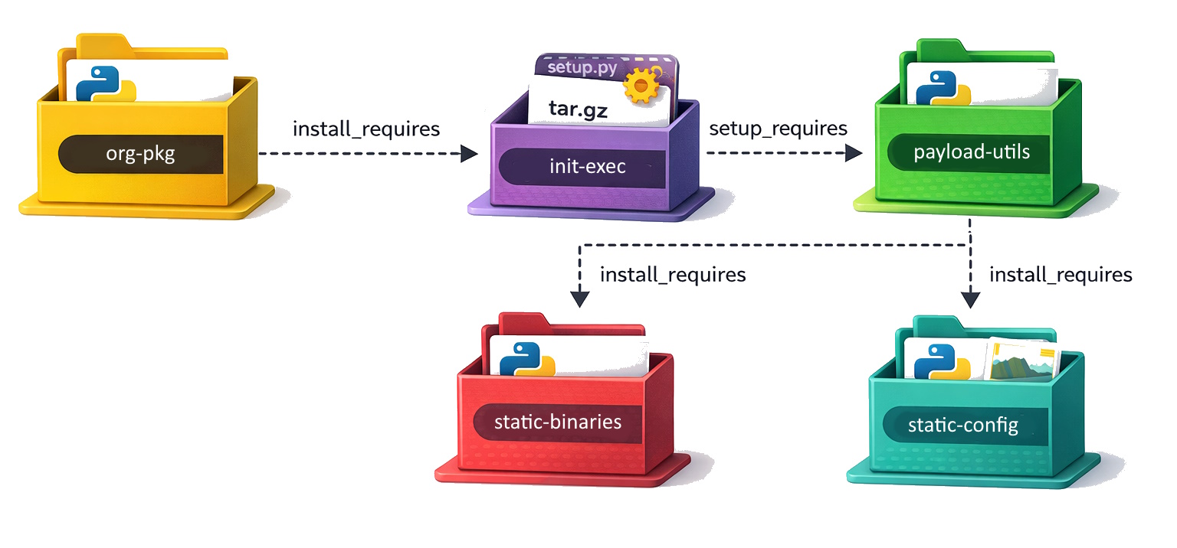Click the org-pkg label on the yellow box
140,154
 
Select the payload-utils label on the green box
971,152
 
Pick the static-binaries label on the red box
557,422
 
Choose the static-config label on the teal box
962,425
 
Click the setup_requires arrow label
778,128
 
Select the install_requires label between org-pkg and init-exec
366,129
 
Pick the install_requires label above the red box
673,274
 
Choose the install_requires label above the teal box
1061,274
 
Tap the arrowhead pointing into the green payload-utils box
854,154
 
